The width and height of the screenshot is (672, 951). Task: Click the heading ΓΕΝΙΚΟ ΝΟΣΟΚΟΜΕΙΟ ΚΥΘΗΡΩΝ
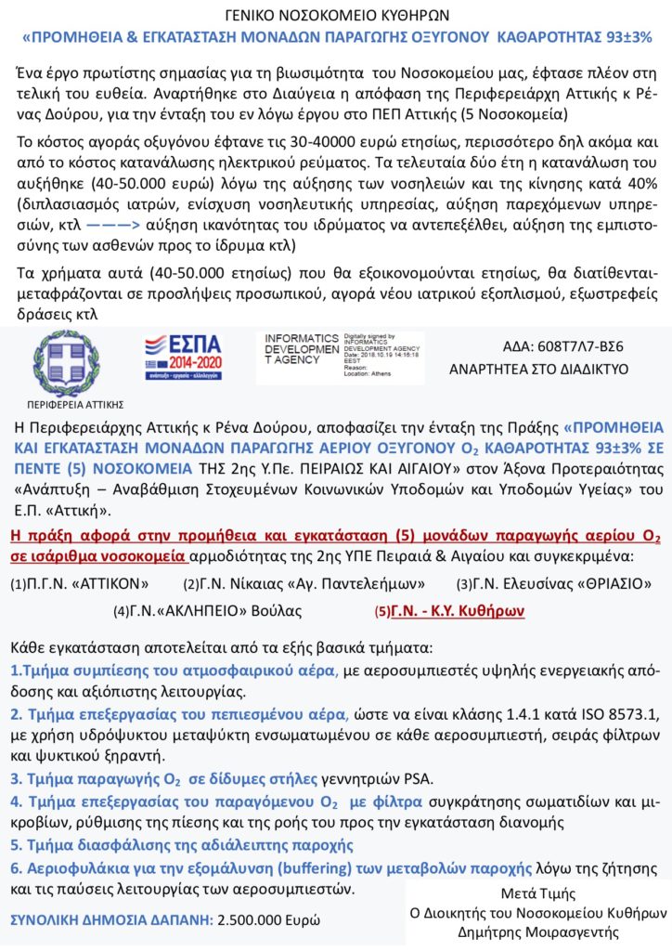[x=336, y=16]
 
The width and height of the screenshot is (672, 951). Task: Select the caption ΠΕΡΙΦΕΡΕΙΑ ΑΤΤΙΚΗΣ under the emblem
[x=70, y=405]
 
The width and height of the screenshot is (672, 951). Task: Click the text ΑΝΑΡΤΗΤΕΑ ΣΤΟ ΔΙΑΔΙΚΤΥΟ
[x=538, y=368]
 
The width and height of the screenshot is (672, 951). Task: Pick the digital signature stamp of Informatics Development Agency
[x=340, y=357]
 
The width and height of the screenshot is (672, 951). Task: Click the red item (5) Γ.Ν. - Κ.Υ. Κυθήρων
[x=449, y=611]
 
